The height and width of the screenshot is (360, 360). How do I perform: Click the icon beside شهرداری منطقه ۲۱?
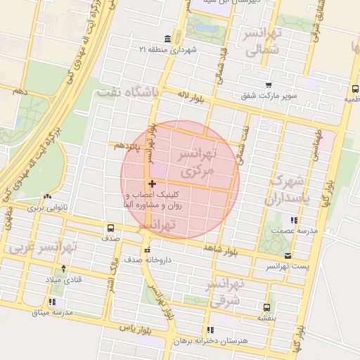coord(167,38)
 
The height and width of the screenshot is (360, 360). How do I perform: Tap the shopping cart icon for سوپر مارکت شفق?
coord(268,84)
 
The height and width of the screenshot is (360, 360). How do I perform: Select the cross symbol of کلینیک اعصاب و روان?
coord(153,184)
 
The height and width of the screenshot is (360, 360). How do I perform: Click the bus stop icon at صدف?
coord(110,228)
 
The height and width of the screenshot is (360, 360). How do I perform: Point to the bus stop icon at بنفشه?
coord(266,307)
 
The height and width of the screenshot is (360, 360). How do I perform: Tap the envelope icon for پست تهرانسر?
coord(288,256)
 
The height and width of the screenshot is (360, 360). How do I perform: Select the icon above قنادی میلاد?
coord(64,269)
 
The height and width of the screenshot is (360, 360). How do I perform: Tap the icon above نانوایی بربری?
coord(47,197)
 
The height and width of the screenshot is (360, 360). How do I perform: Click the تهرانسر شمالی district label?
coord(264,41)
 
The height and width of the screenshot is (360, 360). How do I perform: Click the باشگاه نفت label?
coord(130,92)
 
